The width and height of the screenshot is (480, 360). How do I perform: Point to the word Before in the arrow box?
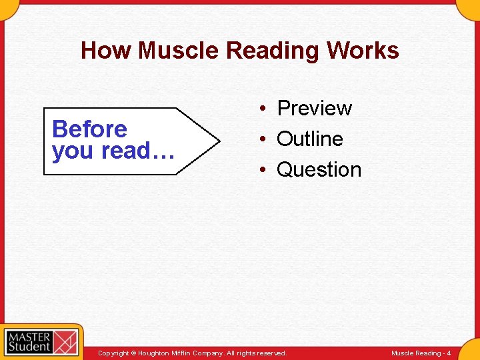click(89, 129)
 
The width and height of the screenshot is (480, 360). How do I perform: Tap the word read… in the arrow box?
click(138, 151)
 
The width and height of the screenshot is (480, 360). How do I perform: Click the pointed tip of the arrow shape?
click(218, 141)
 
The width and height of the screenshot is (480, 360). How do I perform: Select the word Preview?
click(314, 108)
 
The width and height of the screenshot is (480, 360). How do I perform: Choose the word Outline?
click(309, 139)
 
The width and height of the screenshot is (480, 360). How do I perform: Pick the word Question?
click(319, 170)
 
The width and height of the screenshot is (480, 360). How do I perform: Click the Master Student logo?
click(41, 341)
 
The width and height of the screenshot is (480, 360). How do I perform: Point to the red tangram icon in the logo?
click(66, 341)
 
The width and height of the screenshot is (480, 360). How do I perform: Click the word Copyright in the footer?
click(113, 353)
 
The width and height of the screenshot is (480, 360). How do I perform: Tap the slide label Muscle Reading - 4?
click(421, 353)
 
